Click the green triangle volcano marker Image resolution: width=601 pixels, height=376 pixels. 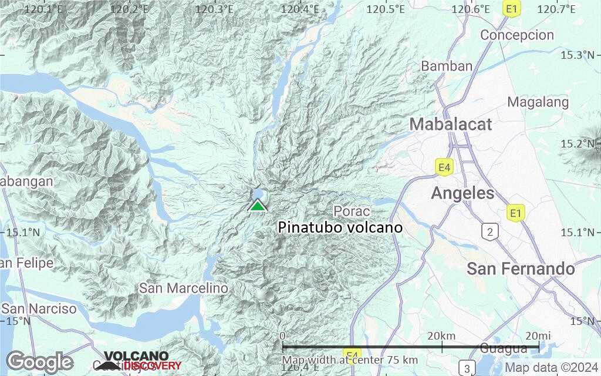[258, 206]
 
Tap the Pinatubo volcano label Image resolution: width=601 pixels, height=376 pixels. [340, 228]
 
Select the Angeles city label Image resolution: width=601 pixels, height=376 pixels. [462, 193]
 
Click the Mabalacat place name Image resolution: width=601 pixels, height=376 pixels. [451, 125]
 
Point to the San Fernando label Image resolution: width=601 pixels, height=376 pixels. [521, 269]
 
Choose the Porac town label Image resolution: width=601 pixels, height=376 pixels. [352, 211]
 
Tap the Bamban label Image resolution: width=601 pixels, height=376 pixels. [447, 66]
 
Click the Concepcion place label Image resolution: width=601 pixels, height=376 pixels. [516, 35]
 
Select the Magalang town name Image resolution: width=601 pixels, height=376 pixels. [538, 102]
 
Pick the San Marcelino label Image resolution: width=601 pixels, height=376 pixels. [183, 288]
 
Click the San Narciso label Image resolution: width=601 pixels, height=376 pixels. [39, 309]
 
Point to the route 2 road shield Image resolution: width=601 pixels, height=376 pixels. [489, 232]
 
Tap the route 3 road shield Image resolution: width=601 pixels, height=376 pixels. [467, 368]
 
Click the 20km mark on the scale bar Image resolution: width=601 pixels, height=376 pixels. [441, 335]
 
